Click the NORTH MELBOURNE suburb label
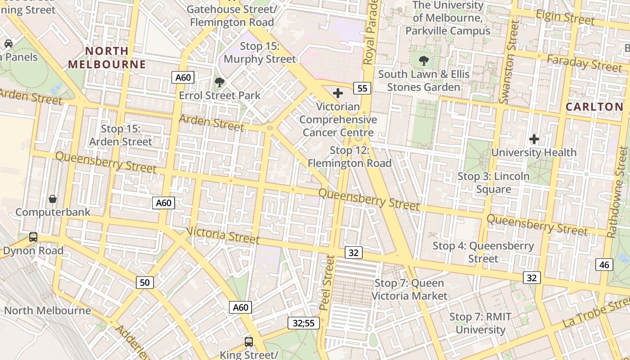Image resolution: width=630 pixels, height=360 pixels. coord(107,58)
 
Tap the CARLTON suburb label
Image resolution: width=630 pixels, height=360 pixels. coord(594,107)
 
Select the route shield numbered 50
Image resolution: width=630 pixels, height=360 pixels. coord(144,283)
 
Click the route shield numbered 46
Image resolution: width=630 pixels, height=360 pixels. coord(604,265)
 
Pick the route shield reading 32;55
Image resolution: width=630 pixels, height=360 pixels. coord(304,323)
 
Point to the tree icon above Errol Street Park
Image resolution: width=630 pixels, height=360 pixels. coord(220,82)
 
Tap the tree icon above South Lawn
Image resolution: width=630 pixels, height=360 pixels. coord(423,61)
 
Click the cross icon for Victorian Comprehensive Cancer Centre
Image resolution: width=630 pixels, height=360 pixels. coord(337,93)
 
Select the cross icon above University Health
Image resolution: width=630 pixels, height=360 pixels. coord(534,139)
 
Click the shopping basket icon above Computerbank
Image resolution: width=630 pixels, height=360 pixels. coord(53,198)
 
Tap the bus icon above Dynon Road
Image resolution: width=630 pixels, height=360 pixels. coord(33,237)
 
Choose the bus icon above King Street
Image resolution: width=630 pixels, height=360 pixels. coord(249,342)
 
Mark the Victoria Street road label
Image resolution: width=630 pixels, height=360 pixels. coord(223,234)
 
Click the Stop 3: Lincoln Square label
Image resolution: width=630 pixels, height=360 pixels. coord(493,182)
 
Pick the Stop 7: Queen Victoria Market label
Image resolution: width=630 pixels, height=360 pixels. coord(409,289)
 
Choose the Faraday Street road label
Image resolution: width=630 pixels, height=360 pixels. coord(584,63)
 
